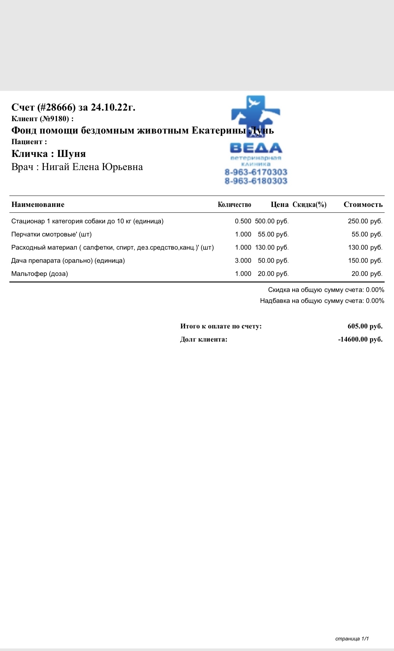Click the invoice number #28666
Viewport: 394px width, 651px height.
[57, 107]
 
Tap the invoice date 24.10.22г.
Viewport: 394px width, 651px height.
[113, 107]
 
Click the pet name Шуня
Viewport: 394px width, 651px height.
[72, 154]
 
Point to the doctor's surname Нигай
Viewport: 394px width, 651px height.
[55, 167]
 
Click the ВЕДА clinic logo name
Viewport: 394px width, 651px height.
[256, 148]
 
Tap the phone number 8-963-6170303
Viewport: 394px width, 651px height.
[256, 172]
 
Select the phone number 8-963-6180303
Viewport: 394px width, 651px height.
[256, 181]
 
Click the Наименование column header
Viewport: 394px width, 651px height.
[38, 205]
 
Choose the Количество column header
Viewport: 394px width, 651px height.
[234, 205]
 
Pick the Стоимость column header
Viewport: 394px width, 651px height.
[363, 205]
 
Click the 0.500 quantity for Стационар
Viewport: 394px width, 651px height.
[243, 221]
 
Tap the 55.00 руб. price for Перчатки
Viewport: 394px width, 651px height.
[273, 234]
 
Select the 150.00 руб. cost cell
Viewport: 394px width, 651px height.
[365, 261]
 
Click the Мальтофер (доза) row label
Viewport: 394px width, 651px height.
[40, 274]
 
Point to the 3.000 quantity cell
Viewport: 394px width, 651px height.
[243, 261]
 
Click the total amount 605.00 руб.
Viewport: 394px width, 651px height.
[365, 326]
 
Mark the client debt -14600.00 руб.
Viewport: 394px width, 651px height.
[360, 339]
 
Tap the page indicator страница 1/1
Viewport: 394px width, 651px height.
[352, 639]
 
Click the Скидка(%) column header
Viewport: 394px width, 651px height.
[309, 205]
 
